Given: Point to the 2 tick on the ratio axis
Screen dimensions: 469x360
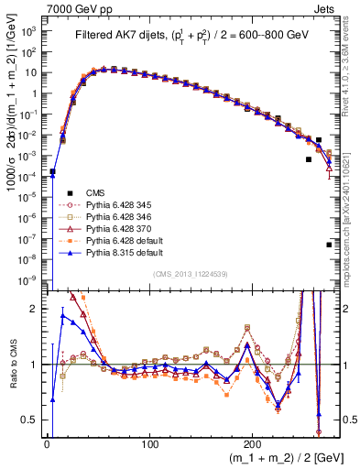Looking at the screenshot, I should tap(35, 309).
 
